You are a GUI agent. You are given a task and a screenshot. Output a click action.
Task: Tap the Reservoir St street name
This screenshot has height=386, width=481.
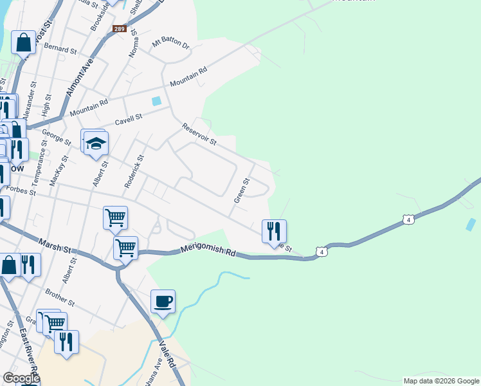[x=199, y=134]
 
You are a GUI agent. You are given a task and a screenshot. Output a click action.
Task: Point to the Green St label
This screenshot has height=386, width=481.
[x=242, y=191]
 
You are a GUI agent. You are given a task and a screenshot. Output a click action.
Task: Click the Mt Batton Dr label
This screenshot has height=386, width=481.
[x=171, y=44]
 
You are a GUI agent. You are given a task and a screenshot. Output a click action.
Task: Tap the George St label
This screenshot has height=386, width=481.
[x=57, y=137]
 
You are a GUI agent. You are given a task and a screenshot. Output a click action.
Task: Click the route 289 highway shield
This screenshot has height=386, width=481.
[x=119, y=29]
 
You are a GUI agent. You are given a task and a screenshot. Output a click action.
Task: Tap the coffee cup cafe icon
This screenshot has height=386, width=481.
[x=163, y=301]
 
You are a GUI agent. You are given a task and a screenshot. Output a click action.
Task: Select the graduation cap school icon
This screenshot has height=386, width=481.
[x=96, y=143]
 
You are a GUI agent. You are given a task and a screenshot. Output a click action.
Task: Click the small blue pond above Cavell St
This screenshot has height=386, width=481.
[x=156, y=100]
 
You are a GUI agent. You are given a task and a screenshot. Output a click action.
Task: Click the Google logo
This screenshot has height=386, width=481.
[x=21, y=378]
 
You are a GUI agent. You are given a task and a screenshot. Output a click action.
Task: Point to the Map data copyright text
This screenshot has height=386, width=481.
[x=440, y=381]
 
